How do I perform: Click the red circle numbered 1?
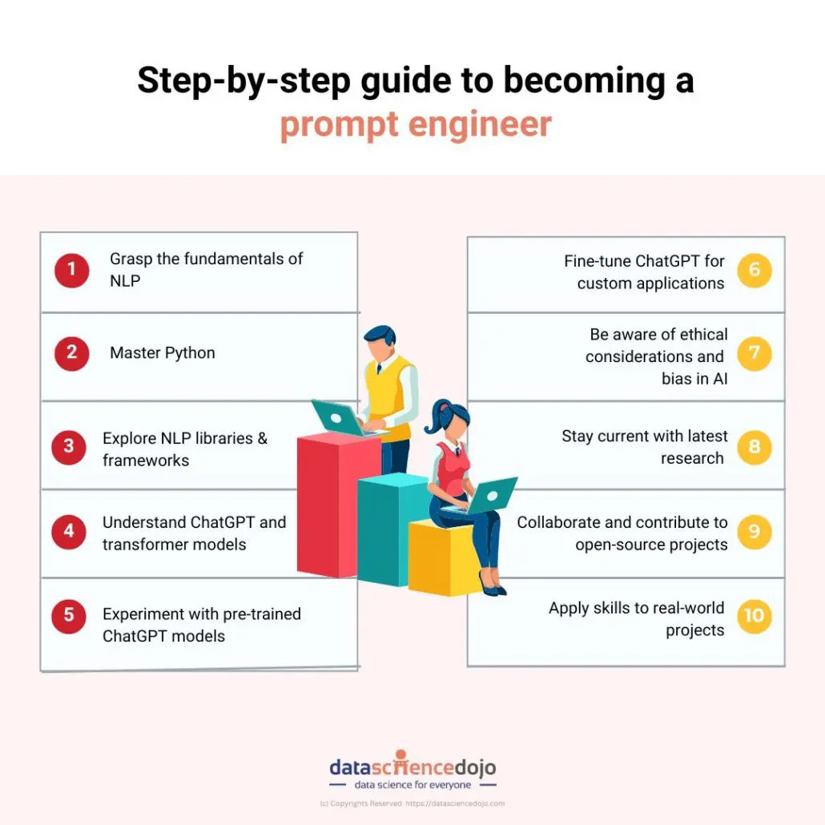point(71,271)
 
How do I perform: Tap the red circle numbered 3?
point(69,447)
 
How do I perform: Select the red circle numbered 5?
point(69,616)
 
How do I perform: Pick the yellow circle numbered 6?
point(754,271)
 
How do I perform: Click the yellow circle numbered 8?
point(754,447)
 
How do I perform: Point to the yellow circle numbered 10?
point(754,616)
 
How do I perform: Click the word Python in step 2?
point(190,353)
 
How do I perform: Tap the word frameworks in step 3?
point(146,461)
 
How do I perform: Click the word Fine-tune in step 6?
point(598,261)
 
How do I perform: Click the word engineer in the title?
point(480,125)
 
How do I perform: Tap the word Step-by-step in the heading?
point(243,81)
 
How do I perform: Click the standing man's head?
point(380,342)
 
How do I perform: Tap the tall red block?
point(338,506)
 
